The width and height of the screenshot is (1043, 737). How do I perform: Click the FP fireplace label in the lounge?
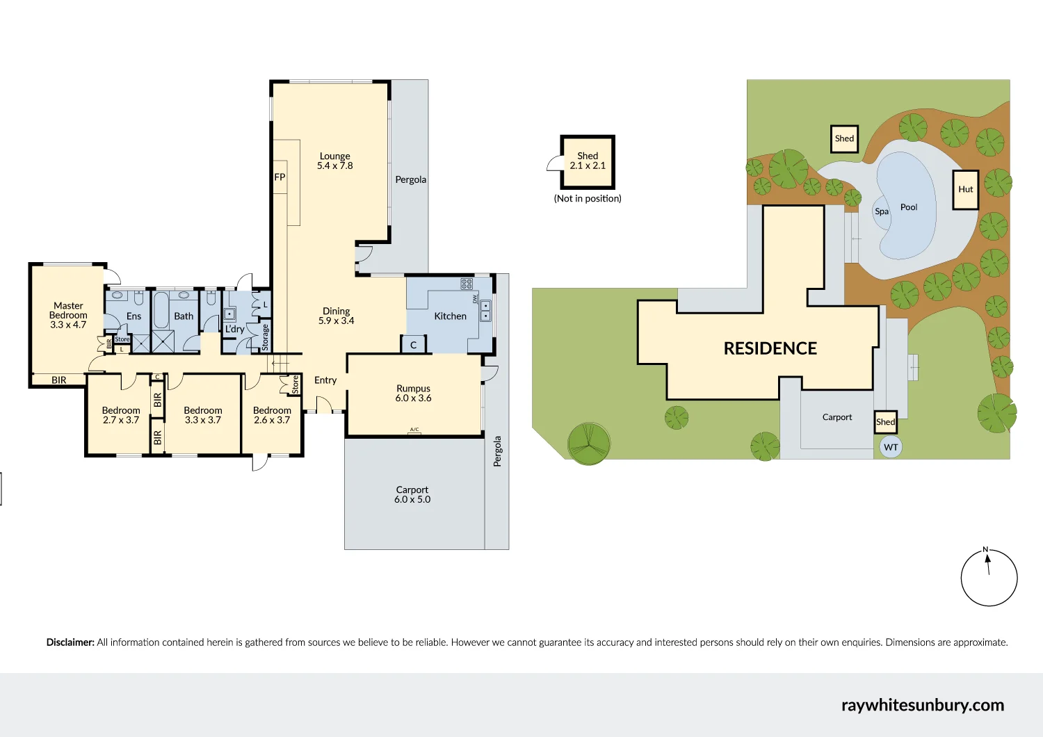pos(280,177)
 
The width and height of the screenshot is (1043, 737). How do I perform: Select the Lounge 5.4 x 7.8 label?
pos(335,161)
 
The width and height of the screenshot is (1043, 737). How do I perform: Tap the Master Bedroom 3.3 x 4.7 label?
pos(68,315)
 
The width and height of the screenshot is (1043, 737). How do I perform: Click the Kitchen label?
pos(450,316)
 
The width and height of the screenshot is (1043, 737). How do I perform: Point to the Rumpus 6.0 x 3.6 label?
pos(414,394)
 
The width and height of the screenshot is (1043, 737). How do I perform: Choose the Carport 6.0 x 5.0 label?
pos(412,494)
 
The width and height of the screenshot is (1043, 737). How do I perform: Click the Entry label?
pos(325,380)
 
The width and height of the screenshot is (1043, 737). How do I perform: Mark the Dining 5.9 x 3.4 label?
pos(337,316)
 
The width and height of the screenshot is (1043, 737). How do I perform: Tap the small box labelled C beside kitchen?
pos(413,345)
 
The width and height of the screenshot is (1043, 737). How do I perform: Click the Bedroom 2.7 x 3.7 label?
pos(121,415)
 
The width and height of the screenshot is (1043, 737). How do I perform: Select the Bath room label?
pos(184,316)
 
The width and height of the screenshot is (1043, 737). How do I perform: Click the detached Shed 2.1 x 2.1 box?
pos(588,162)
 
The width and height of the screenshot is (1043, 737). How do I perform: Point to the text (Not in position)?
pos(588,199)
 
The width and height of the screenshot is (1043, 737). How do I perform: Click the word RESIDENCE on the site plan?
pos(770,348)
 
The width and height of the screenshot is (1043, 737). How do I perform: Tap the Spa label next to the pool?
pos(882,211)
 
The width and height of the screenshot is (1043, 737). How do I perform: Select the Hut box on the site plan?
pos(965,190)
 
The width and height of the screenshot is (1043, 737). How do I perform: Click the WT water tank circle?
pos(891,447)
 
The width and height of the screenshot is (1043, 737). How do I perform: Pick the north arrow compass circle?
pos(989,578)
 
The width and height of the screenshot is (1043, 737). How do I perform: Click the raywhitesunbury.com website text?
pos(922,705)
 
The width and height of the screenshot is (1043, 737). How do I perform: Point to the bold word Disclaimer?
pos(70,642)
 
